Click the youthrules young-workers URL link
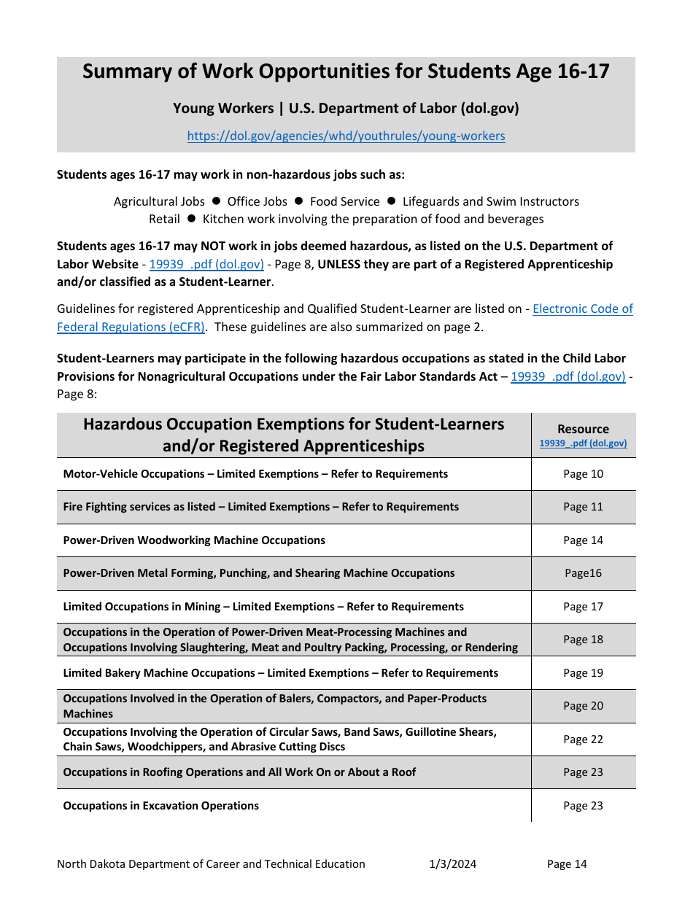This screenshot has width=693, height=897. tap(346, 136)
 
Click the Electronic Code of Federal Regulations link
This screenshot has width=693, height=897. tap(582, 308)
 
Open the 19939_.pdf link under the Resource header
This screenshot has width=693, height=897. tap(583, 443)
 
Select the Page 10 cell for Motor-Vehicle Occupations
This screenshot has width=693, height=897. tap(583, 474)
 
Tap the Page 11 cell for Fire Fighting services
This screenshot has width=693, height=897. tap(583, 507)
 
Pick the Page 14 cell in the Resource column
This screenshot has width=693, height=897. tap(583, 540)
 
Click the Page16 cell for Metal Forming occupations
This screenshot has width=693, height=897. tap(583, 573)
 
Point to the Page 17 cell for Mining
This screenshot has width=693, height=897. tap(583, 607)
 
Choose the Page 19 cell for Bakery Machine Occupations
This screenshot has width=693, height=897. tap(583, 673)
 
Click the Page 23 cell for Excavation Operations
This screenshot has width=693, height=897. tap(583, 806)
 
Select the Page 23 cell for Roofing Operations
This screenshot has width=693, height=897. tap(583, 772)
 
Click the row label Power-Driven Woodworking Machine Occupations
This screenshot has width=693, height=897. tap(194, 540)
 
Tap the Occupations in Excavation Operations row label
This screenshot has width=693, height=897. tap(160, 806)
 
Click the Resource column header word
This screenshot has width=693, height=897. tap(583, 429)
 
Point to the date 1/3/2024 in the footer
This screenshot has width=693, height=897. tap(452, 864)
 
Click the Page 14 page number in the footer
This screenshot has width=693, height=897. tap(567, 864)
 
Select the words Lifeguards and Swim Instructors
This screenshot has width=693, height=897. tap(491, 201)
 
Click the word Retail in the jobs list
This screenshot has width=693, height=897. tap(164, 219)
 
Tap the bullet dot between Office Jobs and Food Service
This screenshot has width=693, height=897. tap(298, 201)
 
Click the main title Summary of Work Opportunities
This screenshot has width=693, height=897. tap(346, 71)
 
